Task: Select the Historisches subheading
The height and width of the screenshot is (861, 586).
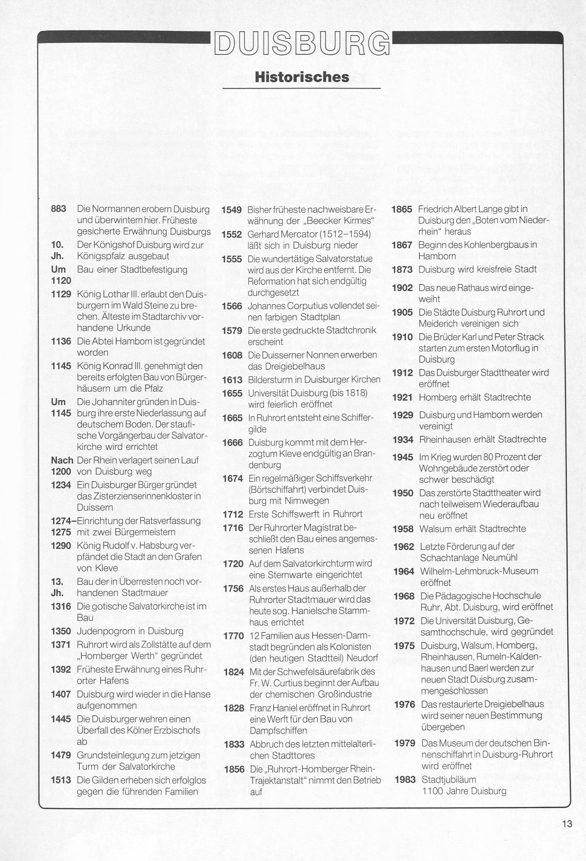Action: click(302, 77)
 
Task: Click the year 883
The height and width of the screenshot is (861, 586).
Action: click(59, 209)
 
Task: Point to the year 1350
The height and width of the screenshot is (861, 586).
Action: click(61, 631)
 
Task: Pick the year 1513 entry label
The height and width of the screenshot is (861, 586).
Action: click(61, 780)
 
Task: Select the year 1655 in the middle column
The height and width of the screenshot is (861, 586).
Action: click(232, 393)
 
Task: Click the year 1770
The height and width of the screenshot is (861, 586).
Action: click(233, 635)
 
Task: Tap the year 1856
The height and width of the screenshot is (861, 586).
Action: click(234, 769)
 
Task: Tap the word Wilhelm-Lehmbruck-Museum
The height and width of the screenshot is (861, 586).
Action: click(479, 571)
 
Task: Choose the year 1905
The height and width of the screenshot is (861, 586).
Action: click(402, 313)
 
